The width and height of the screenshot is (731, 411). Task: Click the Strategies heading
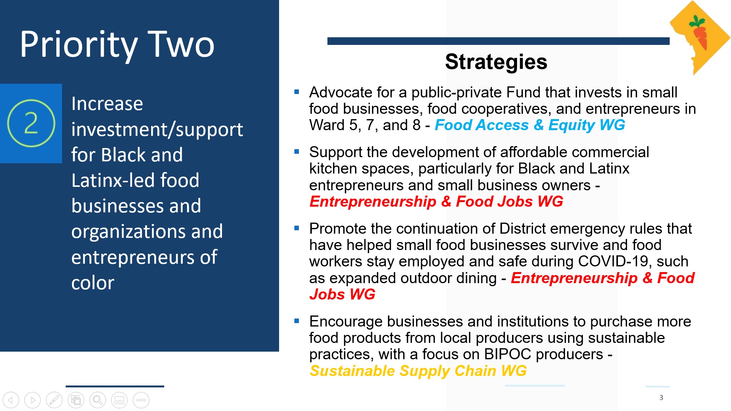496,62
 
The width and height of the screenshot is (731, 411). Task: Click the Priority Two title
117,45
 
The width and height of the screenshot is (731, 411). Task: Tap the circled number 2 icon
31,123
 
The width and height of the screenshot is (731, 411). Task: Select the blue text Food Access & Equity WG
530,125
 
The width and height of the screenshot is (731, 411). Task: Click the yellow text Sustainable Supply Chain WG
418,371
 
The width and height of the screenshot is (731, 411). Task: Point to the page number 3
661,398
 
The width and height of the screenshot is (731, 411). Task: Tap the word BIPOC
507,354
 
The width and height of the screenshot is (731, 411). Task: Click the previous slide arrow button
11,400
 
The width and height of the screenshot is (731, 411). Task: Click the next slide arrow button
32,400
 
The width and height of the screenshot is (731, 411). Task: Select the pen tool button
54,400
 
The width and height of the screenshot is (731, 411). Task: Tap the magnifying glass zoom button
97,400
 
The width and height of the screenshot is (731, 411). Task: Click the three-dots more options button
141,400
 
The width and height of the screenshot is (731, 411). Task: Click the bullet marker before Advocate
297,92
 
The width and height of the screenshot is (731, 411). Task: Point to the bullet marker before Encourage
297,321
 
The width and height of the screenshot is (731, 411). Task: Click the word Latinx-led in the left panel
112,180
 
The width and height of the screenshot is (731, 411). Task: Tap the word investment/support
157,129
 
